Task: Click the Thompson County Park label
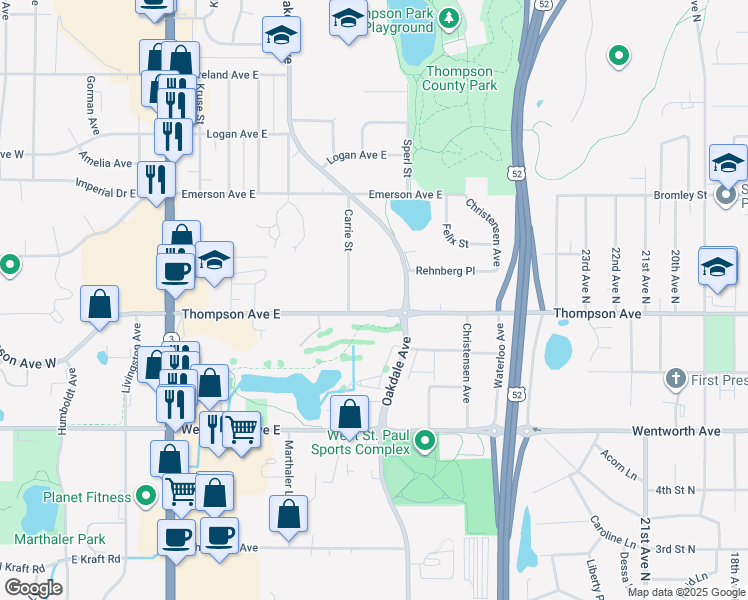[460, 78]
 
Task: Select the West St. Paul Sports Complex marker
[426, 439]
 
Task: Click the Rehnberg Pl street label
[445, 270]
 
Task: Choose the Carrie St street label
[347, 230]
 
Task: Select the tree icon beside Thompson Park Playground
[450, 17]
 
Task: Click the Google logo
[33, 588]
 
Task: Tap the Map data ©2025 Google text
[685, 592]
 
